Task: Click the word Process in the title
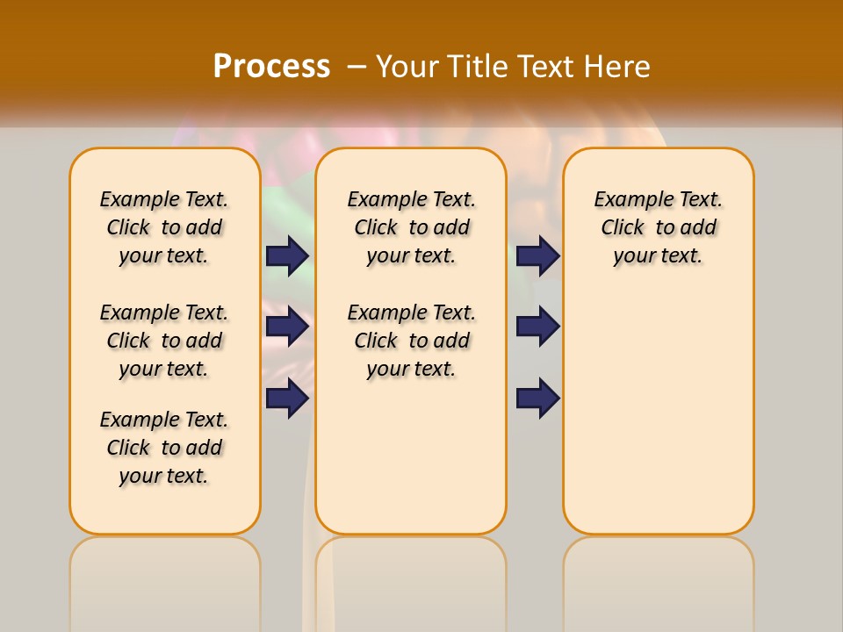271,66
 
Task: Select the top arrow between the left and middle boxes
287,255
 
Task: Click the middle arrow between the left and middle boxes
287,327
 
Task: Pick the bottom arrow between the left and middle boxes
287,398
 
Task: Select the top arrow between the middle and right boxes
537,255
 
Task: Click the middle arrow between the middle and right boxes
537,327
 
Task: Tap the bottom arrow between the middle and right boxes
537,398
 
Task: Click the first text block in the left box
164,227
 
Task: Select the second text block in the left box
164,341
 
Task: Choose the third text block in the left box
164,448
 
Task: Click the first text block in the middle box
411,227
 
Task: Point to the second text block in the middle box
411,341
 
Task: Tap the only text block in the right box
658,227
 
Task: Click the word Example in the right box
627,200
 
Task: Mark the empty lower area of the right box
658,413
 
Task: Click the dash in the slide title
357,67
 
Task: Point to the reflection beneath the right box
658,579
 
